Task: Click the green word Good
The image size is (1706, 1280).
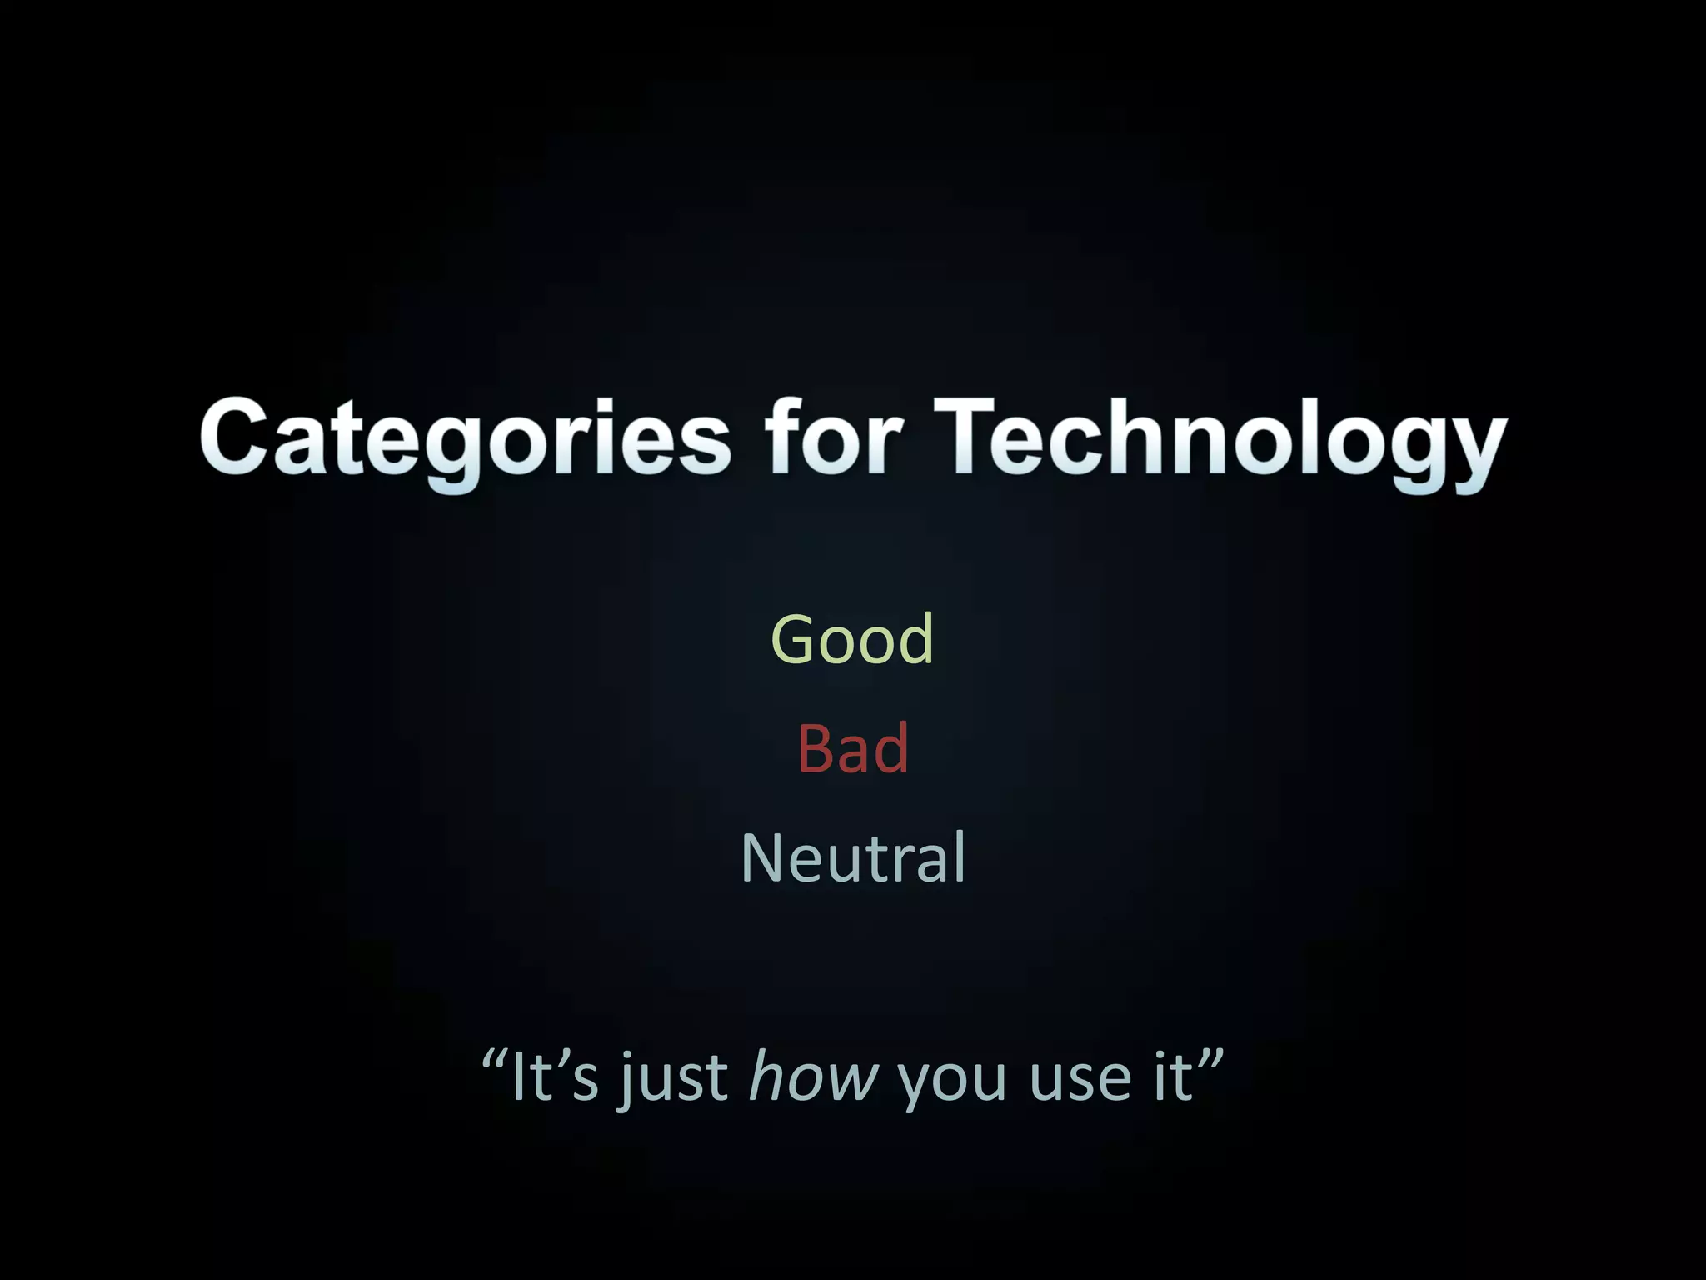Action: pyautogui.click(x=852, y=638)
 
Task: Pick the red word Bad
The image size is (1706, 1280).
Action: pyautogui.click(x=852, y=747)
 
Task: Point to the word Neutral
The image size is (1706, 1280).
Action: pyautogui.click(x=852, y=857)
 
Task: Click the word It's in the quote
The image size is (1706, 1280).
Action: pyautogui.click(x=555, y=1077)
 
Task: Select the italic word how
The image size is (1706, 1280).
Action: pyautogui.click(x=814, y=1077)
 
